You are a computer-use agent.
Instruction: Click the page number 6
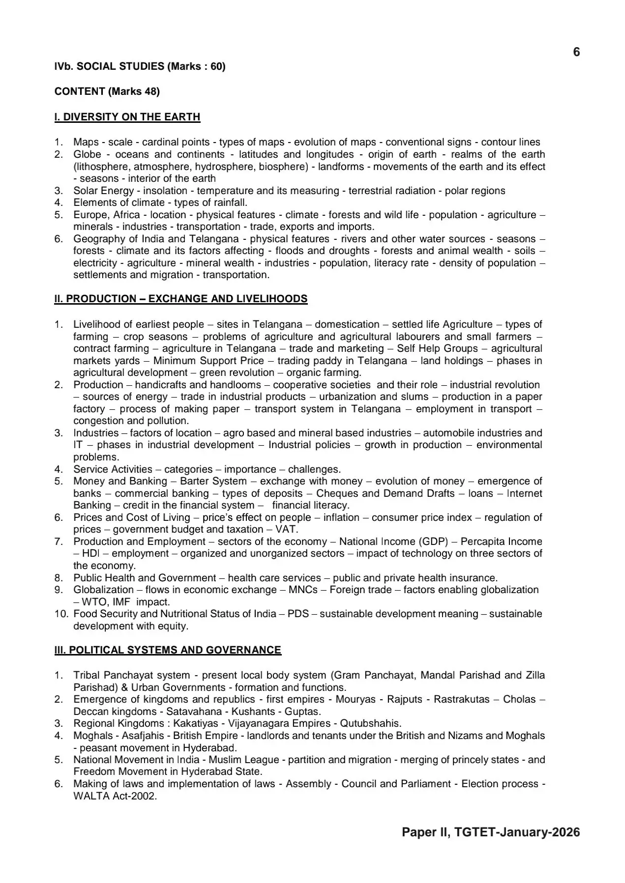coord(576,52)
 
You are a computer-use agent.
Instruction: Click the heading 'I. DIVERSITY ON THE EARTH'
coord(127,117)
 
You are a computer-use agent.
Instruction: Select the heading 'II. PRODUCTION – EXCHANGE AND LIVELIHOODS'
coord(181,299)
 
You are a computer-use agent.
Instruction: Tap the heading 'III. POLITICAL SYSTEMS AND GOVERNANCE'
coord(168,650)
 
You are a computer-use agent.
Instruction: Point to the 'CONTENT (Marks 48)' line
coord(107,91)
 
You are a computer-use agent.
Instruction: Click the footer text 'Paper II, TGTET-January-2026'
coord(491,832)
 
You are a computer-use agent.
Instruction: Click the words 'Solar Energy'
coord(103,191)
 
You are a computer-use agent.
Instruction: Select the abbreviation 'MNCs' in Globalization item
coord(303,590)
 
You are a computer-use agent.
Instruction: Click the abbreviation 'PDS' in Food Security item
coord(298,614)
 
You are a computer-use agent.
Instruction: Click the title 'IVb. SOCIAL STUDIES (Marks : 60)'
coord(140,66)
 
